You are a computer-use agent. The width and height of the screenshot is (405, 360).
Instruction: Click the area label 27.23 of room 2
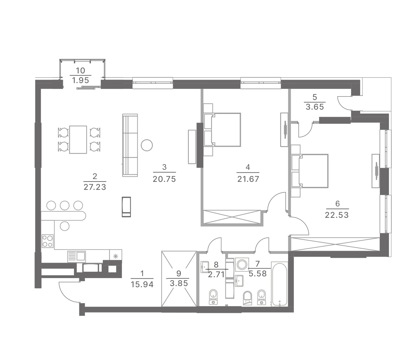(x=95, y=187)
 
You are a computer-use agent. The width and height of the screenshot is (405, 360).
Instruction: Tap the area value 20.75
(x=164, y=179)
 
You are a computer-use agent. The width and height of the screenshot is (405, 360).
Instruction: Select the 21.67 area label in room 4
(x=248, y=179)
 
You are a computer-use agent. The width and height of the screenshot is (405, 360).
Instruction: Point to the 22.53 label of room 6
(x=337, y=215)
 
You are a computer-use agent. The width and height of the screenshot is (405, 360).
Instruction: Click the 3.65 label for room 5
(x=315, y=107)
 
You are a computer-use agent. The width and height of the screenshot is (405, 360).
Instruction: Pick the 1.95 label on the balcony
(x=80, y=81)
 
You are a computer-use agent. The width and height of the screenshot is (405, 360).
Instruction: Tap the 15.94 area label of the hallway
(x=142, y=284)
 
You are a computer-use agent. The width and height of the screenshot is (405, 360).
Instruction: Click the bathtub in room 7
(x=279, y=284)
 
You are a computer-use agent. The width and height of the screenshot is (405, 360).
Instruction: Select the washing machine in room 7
(x=242, y=265)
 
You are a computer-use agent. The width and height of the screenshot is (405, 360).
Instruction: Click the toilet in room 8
(x=213, y=297)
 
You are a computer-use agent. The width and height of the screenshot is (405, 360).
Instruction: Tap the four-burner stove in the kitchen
(x=48, y=241)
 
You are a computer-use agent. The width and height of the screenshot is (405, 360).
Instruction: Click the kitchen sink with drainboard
(x=77, y=257)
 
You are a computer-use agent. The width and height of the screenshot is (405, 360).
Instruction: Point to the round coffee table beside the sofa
(x=147, y=145)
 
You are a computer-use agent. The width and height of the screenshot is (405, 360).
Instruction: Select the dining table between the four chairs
(x=78, y=140)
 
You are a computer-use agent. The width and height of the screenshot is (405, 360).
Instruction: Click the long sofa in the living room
(x=130, y=145)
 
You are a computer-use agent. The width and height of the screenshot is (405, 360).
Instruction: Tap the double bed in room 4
(x=222, y=130)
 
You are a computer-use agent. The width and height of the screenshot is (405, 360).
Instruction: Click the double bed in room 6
(x=310, y=171)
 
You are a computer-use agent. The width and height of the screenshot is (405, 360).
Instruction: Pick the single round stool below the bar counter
(x=65, y=226)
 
